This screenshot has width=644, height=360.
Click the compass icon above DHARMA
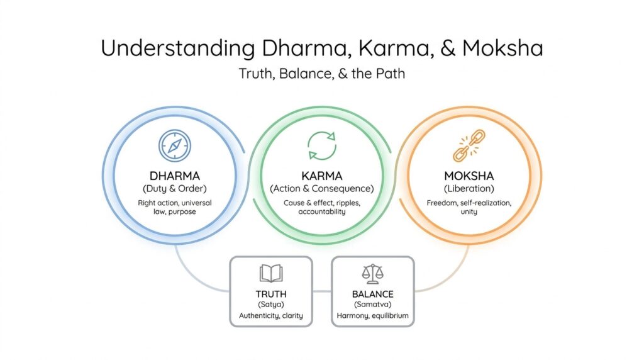pyautogui.click(x=175, y=146)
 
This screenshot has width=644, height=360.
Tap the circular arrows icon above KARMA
pyautogui.click(x=322, y=145)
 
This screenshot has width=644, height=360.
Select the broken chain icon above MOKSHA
pyautogui.click(x=469, y=145)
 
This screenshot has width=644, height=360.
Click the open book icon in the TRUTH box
pyautogui.click(x=271, y=274)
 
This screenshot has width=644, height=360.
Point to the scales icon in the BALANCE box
pyautogui.click(x=372, y=274)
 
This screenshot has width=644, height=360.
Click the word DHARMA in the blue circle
pyautogui.click(x=175, y=176)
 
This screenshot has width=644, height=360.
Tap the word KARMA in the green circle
pyautogui.click(x=322, y=176)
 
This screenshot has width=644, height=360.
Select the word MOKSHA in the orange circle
pyautogui.click(x=469, y=176)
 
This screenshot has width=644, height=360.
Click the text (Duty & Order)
pyautogui.click(x=175, y=189)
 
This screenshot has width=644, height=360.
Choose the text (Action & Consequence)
pyautogui.click(x=322, y=189)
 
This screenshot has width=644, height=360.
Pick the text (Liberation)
pyautogui.click(x=469, y=189)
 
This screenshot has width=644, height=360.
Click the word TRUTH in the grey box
pyautogui.click(x=271, y=295)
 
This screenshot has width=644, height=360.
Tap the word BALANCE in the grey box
pyautogui.click(x=372, y=295)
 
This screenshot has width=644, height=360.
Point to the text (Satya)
pyautogui.click(x=271, y=305)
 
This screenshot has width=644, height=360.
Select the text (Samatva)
pyautogui.click(x=372, y=305)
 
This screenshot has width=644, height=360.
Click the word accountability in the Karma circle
pyautogui.click(x=322, y=211)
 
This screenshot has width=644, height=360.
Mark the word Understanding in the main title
pyautogui.click(x=178, y=48)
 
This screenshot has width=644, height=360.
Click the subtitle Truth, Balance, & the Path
pyautogui.click(x=322, y=74)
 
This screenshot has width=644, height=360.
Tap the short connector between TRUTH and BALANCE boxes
pyautogui.click(x=322, y=291)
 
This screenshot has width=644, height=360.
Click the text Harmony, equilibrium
pyautogui.click(x=372, y=315)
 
